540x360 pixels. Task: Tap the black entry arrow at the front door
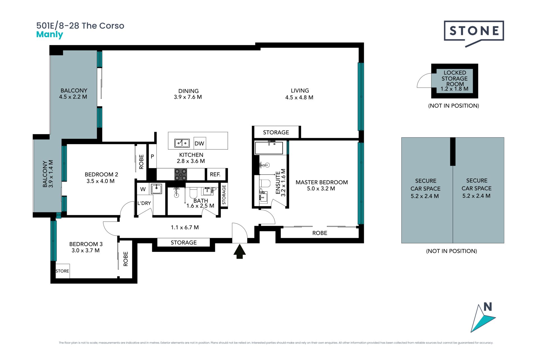(240, 251)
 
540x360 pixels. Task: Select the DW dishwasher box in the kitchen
(200, 143)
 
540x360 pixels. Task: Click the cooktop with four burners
(181, 174)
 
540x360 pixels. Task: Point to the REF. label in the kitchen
(215, 174)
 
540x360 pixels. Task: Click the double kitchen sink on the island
(182, 143)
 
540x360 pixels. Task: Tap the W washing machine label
(143, 189)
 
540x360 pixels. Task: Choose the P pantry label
(152, 156)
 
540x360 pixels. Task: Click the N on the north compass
(488, 307)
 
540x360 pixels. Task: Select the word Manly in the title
(50, 35)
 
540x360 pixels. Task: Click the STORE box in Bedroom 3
(62, 271)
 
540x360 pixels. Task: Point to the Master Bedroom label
(322, 182)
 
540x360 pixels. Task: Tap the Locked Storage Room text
(455, 78)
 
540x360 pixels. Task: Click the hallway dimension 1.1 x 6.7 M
(185, 227)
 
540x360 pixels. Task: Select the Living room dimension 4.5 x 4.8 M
(299, 98)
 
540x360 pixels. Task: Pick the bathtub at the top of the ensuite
(269, 148)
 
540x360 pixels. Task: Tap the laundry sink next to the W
(156, 189)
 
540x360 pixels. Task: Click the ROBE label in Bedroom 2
(141, 162)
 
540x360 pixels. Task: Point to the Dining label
(188, 91)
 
